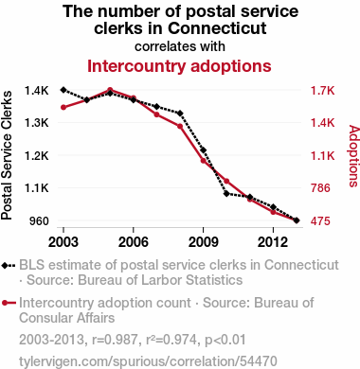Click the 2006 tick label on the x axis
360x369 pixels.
(x=134, y=242)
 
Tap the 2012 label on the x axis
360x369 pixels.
(x=273, y=242)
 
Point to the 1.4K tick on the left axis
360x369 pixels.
(x=37, y=91)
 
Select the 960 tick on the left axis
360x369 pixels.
(x=39, y=220)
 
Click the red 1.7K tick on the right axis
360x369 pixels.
(x=322, y=91)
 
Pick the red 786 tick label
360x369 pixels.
(x=320, y=188)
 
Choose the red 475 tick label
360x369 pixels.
(x=320, y=220)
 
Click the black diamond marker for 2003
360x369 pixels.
(x=63, y=90)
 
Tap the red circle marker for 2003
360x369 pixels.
(x=63, y=108)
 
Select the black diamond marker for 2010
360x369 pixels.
(x=226, y=193)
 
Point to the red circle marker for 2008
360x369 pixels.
(x=180, y=126)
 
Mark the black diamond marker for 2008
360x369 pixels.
(x=180, y=114)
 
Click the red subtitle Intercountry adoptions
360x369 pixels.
(x=179, y=66)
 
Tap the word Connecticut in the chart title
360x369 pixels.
(x=217, y=28)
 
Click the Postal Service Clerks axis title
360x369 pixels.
(x=7, y=155)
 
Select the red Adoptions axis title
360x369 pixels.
(x=354, y=156)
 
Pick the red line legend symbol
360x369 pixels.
(x=9, y=303)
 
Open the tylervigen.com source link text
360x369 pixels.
(x=148, y=361)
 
